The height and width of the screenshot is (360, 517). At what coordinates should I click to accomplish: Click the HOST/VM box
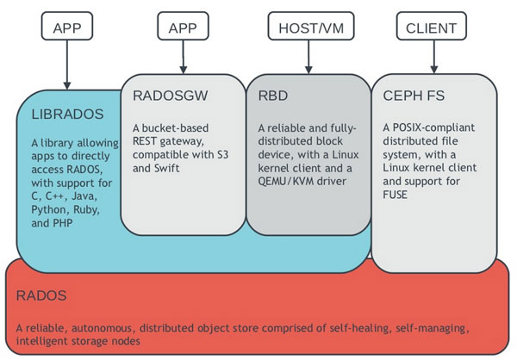click(311, 26)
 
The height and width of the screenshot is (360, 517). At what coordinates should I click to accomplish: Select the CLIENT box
click(432, 26)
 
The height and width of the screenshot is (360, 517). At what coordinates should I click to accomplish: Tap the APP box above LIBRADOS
click(67, 26)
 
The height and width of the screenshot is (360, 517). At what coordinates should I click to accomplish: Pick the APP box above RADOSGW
click(183, 26)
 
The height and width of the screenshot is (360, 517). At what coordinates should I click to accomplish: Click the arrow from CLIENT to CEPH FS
click(434, 57)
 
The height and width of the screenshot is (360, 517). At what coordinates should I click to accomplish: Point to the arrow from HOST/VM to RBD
click(308, 57)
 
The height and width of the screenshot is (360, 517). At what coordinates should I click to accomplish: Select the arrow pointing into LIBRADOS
click(67, 65)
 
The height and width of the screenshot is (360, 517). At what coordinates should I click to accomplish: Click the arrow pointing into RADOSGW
click(184, 57)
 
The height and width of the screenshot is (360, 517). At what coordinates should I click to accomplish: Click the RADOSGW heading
click(170, 96)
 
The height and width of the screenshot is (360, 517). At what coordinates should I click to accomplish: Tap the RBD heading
click(273, 96)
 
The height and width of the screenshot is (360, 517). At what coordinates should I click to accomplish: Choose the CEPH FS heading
click(414, 96)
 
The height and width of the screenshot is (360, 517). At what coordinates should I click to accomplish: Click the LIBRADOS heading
click(67, 114)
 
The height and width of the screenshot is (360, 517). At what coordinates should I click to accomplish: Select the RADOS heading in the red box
click(41, 295)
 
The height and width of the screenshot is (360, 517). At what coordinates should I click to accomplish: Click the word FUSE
click(395, 195)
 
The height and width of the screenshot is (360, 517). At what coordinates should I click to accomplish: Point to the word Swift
click(166, 168)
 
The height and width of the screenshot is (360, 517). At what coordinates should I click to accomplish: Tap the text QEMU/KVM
click(286, 181)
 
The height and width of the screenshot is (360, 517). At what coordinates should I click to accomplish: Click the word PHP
click(61, 223)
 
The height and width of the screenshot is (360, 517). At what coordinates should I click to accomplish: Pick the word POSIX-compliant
click(434, 127)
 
